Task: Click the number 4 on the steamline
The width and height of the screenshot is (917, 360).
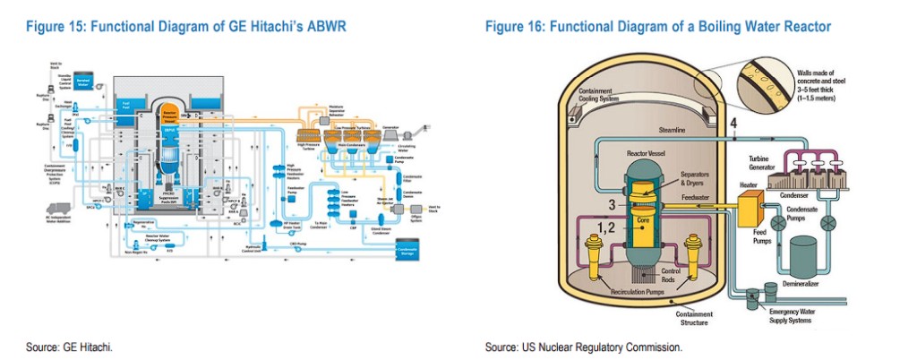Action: click(x=733, y=123)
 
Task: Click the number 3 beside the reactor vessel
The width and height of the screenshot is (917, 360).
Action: click(x=612, y=205)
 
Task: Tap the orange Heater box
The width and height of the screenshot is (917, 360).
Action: click(x=749, y=210)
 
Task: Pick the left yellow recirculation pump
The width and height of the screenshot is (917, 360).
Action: click(x=595, y=254)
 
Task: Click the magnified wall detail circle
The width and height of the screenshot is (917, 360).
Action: click(x=765, y=85)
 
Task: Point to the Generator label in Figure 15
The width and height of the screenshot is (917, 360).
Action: click(x=390, y=127)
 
